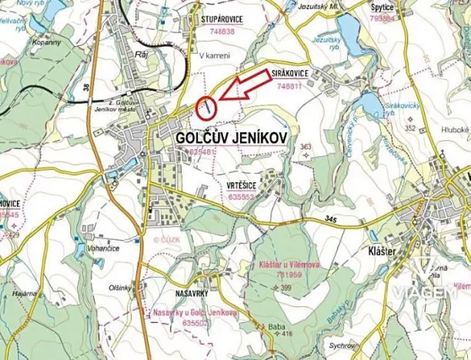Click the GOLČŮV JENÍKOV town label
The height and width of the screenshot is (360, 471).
[x=231, y=136]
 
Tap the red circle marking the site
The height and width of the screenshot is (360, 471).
[x=205, y=108]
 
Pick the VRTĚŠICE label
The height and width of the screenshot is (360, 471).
[x=242, y=186]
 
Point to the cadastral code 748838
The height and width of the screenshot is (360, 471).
[x=222, y=32]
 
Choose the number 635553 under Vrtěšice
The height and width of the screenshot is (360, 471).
[x=242, y=197]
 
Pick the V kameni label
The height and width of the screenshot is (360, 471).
[x=215, y=56]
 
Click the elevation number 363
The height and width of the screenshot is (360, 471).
[x=306, y=145]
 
